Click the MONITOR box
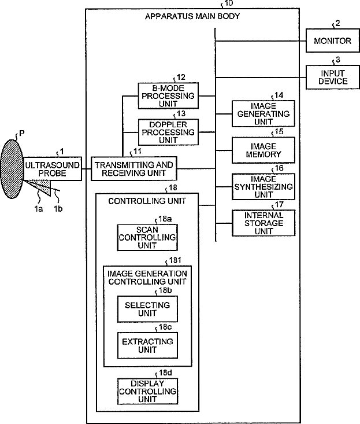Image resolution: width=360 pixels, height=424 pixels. [x=332, y=40]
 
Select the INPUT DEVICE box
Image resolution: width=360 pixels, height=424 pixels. [x=332, y=77]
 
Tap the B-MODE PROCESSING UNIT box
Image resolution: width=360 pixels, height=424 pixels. [x=168, y=95]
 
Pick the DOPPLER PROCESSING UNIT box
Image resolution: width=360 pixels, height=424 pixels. [x=168, y=132]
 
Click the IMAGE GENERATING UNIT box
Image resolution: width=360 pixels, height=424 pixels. [x=263, y=113]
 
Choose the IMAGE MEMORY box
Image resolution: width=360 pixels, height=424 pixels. [x=263, y=150]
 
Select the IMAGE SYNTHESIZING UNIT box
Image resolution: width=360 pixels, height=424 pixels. [x=263, y=187]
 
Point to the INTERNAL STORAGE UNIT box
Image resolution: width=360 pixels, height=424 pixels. [x=263, y=223]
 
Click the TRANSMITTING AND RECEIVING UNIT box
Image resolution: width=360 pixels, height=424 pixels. [x=134, y=169]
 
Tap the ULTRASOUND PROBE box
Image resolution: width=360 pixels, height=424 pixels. [x=53, y=169]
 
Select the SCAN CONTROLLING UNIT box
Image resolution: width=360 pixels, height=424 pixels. [x=147, y=238]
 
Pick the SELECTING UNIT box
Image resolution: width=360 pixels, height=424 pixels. [x=147, y=309]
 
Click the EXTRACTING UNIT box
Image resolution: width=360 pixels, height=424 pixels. [x=147, y=345]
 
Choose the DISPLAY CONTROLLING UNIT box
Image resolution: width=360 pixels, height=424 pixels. [x=147, y=391]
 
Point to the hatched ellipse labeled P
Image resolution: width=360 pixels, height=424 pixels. [x=12, y=169]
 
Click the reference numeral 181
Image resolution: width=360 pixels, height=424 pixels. [x=175, y=260]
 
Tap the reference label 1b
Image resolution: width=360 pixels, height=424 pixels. [x=58, y=209]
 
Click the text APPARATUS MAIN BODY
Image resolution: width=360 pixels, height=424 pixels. [x=192, y=16]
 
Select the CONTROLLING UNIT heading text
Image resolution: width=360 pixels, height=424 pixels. [x=147, y=201]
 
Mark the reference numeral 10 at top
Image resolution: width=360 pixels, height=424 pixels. [x=228, y=3]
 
